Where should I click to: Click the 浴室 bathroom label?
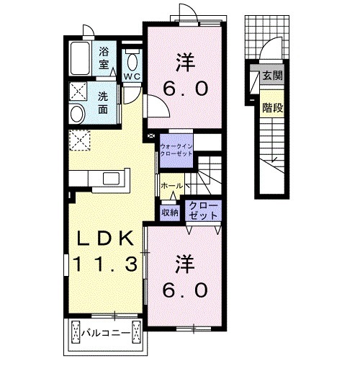point(104,58)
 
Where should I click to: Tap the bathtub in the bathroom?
point(81,58)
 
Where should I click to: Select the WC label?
point(132,76)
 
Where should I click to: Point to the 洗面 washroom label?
point(103,103)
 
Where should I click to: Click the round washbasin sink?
point(78,114)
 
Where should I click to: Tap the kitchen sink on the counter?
point(112,179)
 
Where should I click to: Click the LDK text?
point(104,238)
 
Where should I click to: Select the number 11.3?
point(105,264)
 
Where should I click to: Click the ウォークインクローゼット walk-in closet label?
point(176,150)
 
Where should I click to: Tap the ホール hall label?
point(172,186)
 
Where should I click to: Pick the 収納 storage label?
point(170,213)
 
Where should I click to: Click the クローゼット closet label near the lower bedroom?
point(203,210)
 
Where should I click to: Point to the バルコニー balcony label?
point(106,333)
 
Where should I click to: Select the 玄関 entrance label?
point(272,76)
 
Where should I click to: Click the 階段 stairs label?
point(272,108)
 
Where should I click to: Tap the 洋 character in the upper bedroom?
point(185,62)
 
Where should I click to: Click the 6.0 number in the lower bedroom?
point(185,290)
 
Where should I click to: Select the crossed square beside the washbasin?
point(78,91)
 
